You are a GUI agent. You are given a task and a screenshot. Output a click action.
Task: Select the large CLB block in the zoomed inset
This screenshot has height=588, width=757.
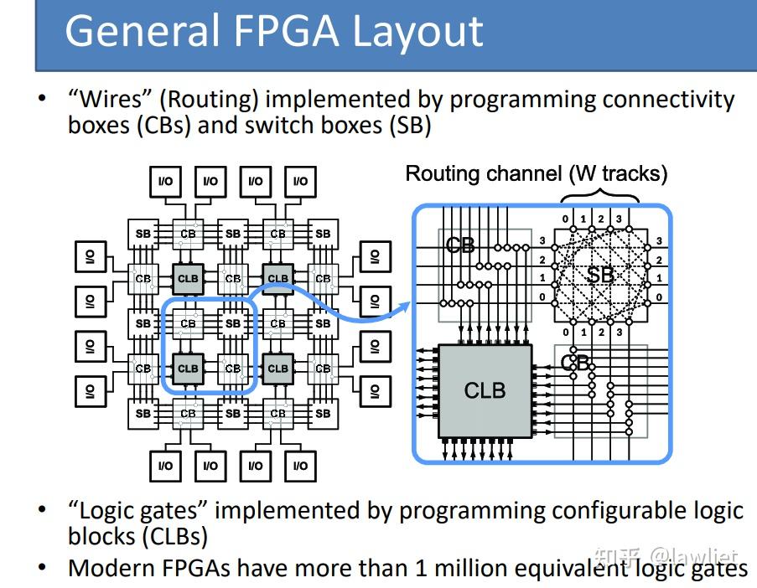click(x=485, y=389)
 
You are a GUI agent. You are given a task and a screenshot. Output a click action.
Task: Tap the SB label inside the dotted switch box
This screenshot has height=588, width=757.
click(x=599, y=275)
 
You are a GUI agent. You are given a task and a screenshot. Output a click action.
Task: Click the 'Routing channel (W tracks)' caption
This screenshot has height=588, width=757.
click(x=537, y=173)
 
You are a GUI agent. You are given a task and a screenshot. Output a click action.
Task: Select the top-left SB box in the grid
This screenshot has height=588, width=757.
click(x=143, y=234)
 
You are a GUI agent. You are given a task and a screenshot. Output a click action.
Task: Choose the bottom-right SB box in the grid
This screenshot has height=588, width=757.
click(x=323, y=413)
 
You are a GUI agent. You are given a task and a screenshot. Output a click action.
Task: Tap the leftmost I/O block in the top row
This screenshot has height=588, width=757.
click(x=165, y=181)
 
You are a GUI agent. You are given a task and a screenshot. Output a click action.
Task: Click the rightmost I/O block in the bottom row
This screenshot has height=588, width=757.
click(x=300, y=466)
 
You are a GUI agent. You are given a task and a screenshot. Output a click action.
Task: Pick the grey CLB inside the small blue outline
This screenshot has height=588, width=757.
click(x=188, y=368)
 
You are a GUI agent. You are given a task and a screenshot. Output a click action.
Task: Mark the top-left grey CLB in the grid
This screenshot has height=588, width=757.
click(x=188, y=278)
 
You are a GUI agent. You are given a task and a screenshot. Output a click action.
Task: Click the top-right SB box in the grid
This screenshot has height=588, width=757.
click(x=323, y=234)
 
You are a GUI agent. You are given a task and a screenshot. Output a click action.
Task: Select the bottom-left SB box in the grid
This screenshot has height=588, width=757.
click(x=143, y=413)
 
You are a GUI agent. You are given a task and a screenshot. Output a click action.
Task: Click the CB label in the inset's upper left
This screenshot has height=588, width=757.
click(x=459, y=245)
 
